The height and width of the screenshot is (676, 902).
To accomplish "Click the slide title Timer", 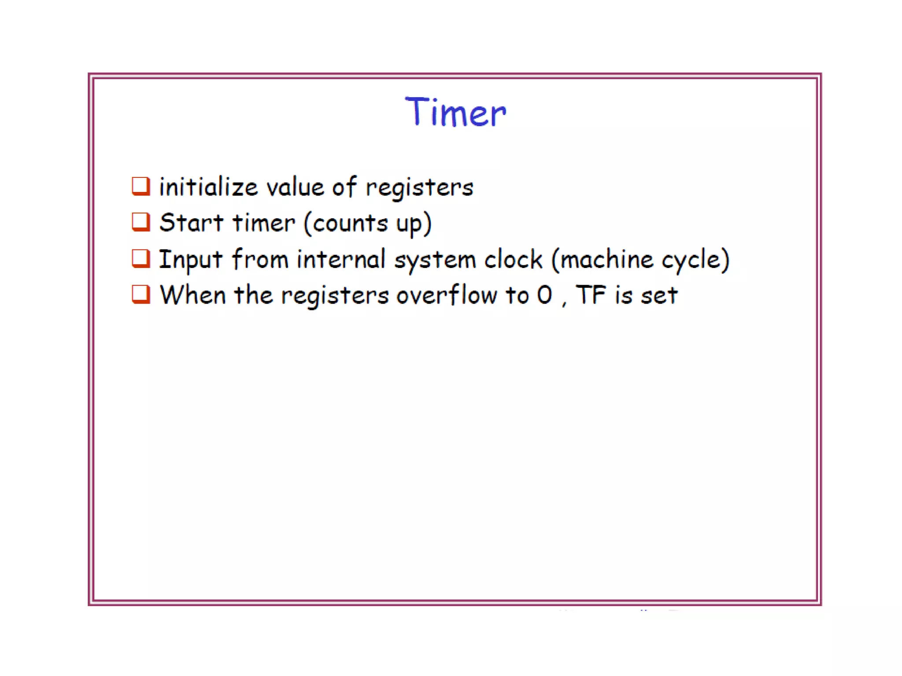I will pyautogui.click(x=455, y=112).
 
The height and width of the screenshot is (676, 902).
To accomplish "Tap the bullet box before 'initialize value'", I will pyautogui.click(x=141, y=186).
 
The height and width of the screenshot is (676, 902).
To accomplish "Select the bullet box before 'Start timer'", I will pyautogui.click(x=141, y=222).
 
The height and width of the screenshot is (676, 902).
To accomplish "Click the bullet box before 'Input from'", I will pyautogui.click(x=141, y=259).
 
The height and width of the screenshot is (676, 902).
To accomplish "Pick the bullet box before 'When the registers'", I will pyautogui.click(x=141, y=294).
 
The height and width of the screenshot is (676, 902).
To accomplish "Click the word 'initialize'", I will pyautogui.click(x=208, y=187).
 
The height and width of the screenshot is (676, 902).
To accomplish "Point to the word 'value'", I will pyautogui.click(x=295, y=187).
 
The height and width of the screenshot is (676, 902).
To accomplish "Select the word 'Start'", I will pyautogui.click(x=191, y=223).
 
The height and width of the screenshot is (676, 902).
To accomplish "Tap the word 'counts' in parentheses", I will pyautogui.click(x=350, y=223).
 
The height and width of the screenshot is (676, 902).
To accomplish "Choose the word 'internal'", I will pyautogui.click(x=341, y=259).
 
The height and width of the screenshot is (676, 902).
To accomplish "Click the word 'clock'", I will pyautogui.click(x=513, y=259).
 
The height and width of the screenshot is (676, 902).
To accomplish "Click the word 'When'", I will pyautogui.click(x=192, y=295).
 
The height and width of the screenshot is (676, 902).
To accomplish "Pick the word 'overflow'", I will pyautogui.click(x=447, y=295).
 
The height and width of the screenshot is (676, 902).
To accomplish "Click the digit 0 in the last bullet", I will pyautogui.click(x=545, y=295).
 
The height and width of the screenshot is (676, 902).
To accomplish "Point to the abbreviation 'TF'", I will pyautogui.click(x=591, y=295).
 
